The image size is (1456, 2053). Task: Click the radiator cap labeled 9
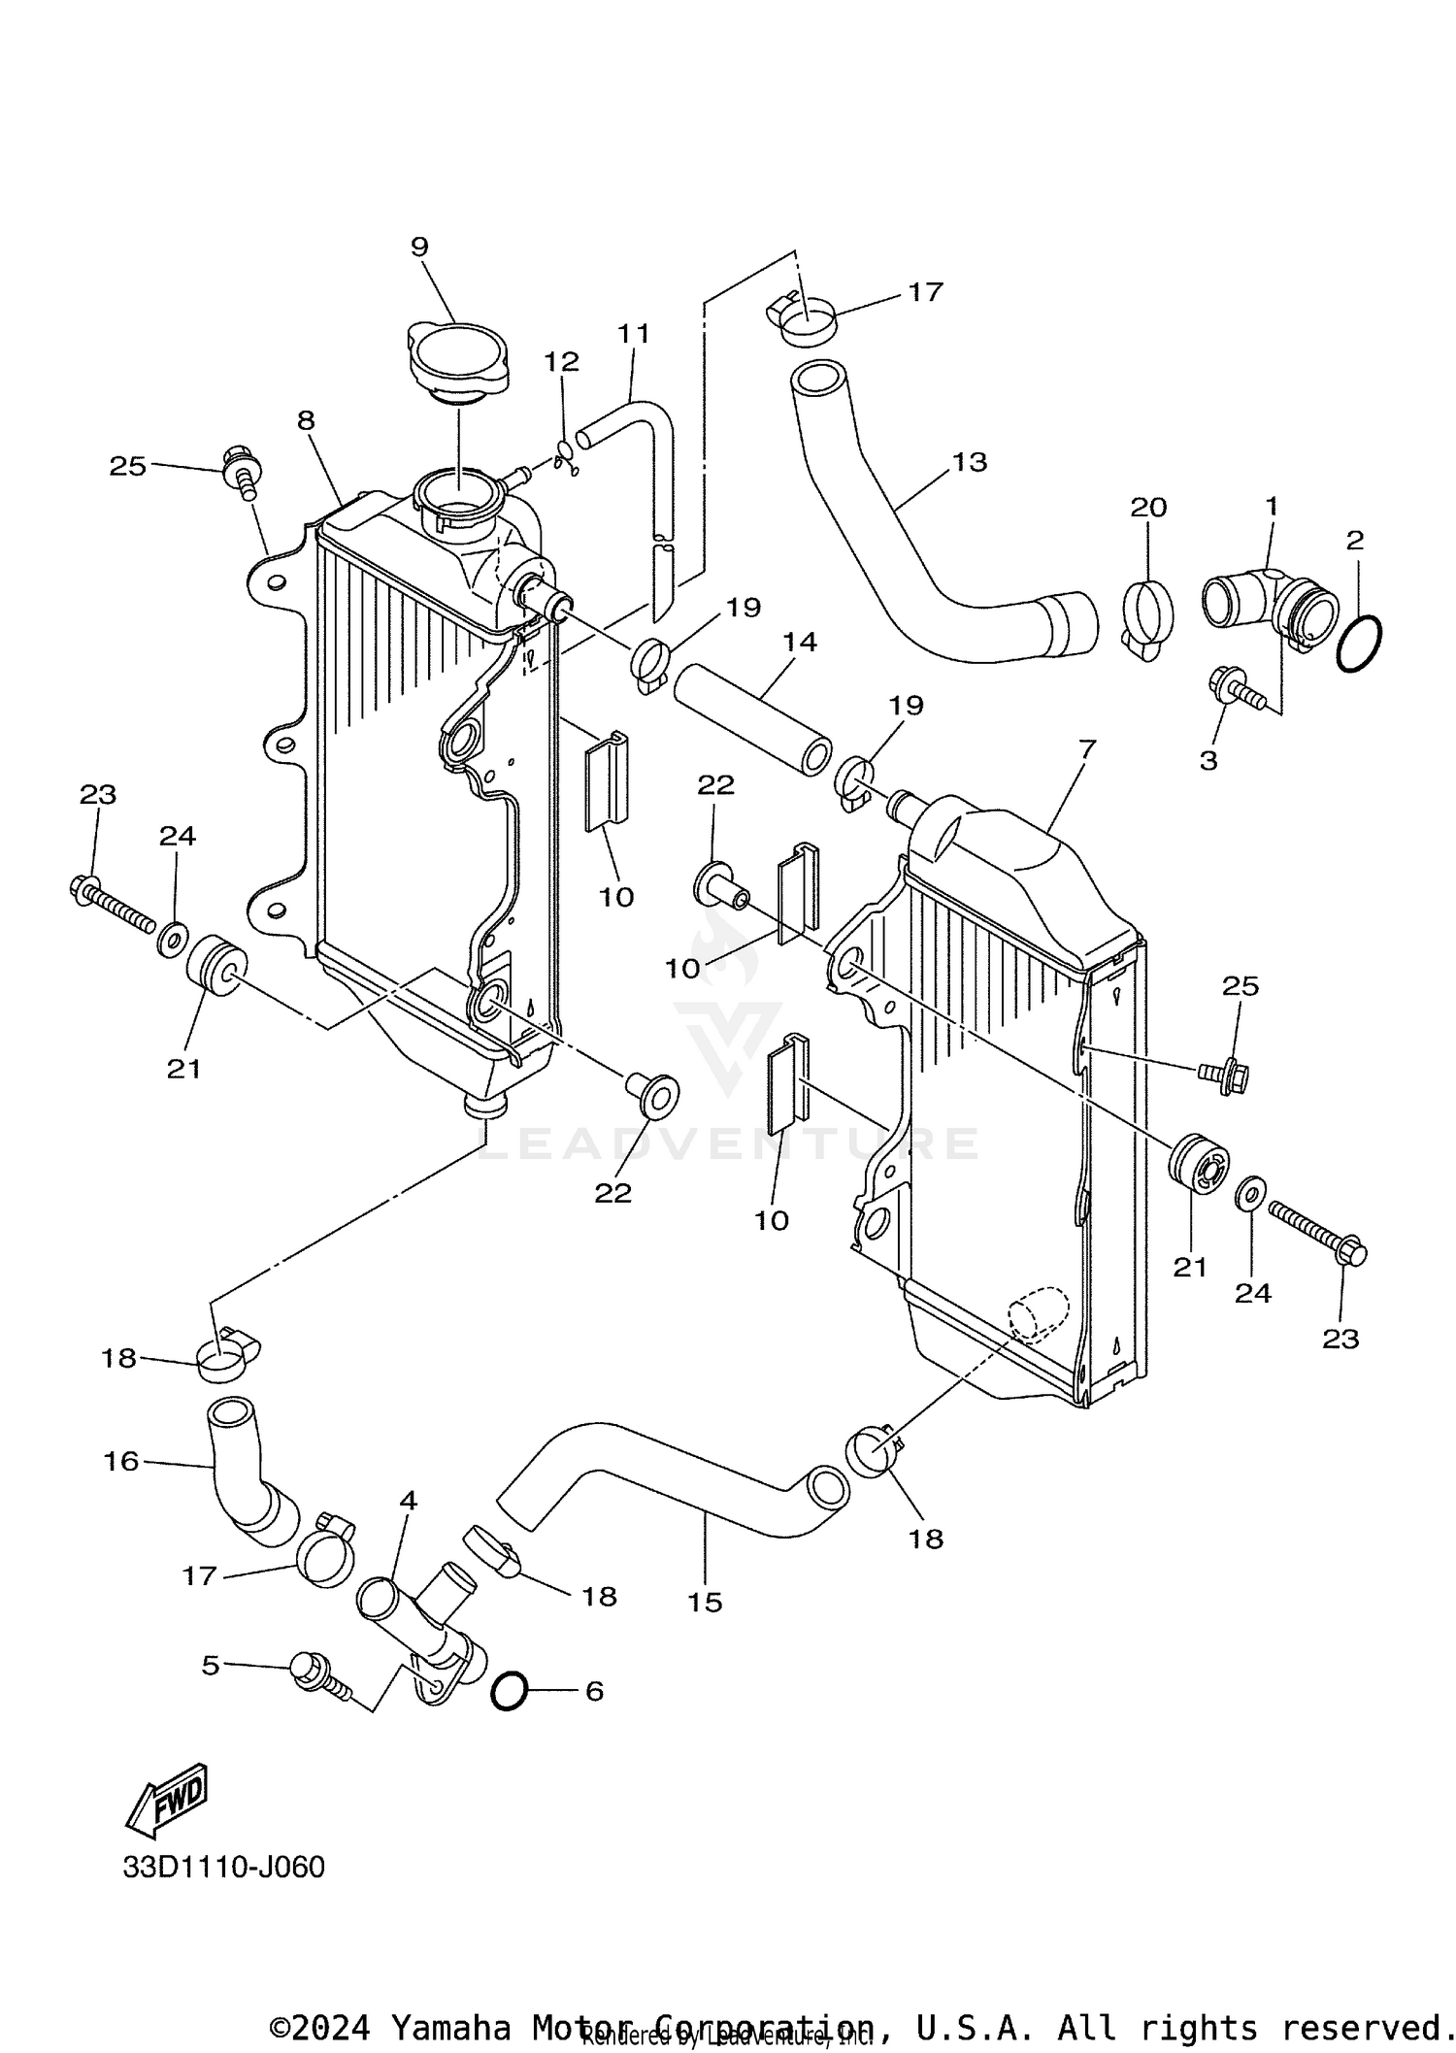pos(456,361)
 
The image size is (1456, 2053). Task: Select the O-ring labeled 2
pos(1359,643)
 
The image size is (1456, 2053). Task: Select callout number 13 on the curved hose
pos(969,462)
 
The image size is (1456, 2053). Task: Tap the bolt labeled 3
pos(1229,687)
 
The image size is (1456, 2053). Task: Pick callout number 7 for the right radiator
pos(1086,748)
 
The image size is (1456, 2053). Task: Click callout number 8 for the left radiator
pos(306,420)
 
